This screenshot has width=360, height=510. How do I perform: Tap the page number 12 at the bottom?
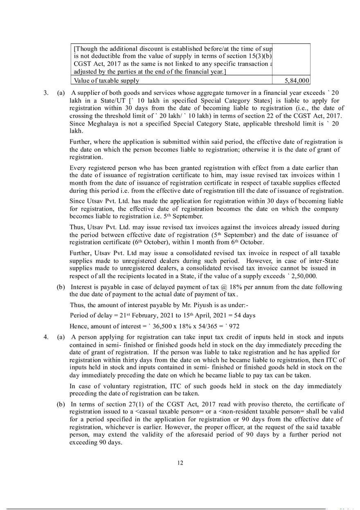[180, 463]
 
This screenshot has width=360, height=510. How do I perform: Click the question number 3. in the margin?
[46, 93]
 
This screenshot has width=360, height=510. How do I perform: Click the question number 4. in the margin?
[46, 337]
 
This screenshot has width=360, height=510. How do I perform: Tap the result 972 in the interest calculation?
[234, 326]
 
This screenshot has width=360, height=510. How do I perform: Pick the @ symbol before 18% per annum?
[223, 287]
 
